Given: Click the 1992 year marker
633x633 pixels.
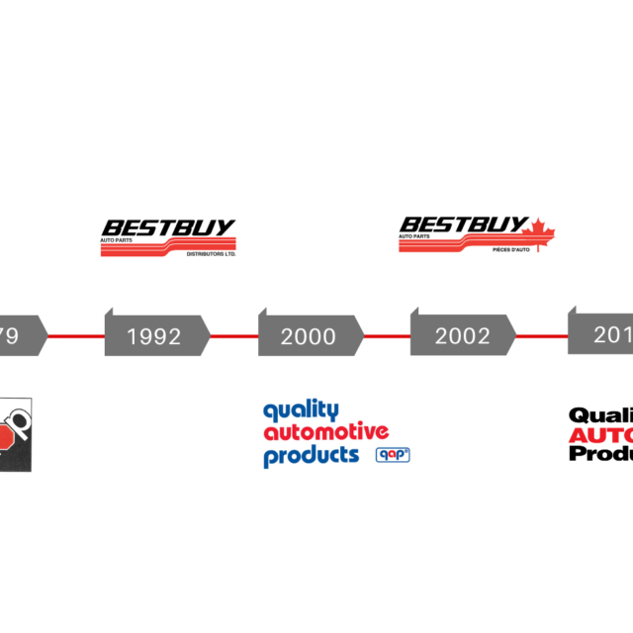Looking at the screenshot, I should [x=155, y=336].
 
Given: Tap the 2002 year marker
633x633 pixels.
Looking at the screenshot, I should [x=463, y=336].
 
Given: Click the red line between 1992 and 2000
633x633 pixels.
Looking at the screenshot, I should [x=233, y=336].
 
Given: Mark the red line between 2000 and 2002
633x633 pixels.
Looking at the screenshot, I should [x=387, y=336].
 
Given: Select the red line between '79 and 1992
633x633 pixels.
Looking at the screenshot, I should [x=75, y=336].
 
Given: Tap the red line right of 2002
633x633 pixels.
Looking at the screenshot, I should [x=541, y=336].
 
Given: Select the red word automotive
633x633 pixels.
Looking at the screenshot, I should [x=324, y=432].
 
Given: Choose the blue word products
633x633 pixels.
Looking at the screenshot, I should [x=311, y=456].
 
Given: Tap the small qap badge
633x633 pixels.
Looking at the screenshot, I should [x=393, y=455].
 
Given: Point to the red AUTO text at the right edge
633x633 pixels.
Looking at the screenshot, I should [x=601, y=435].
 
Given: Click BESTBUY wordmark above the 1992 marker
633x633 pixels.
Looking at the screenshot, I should [x=169, y=227].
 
